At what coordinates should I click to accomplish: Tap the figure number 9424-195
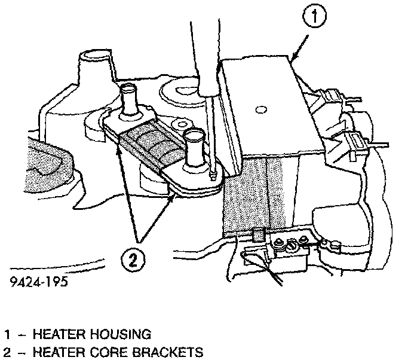click(38, 280)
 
